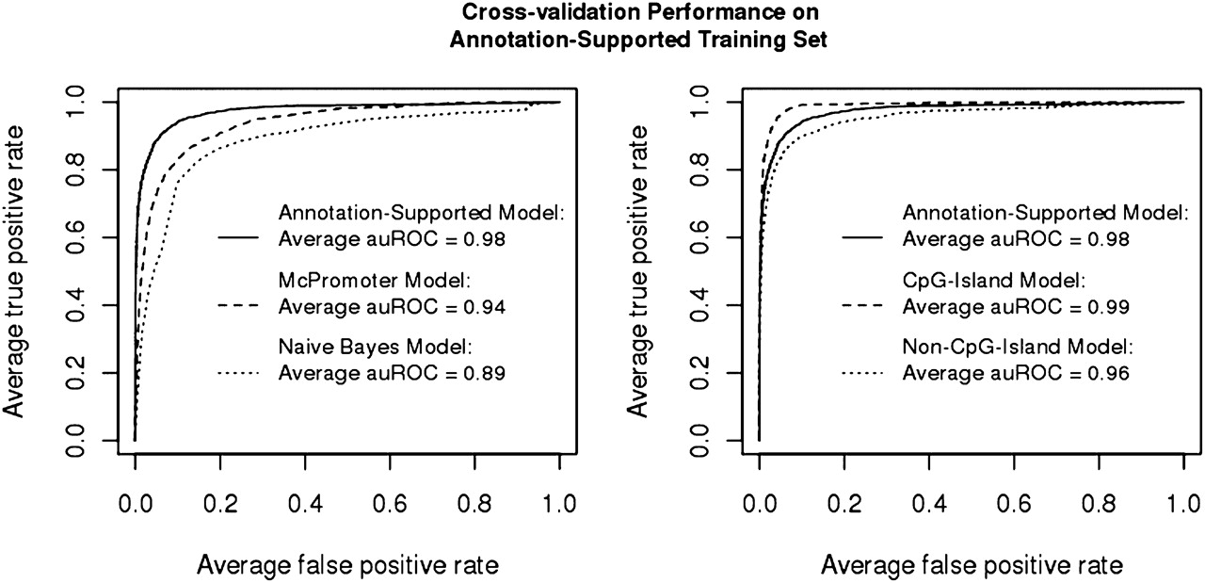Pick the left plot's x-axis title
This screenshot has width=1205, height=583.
(x=347, y=565)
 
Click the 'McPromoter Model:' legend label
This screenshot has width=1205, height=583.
(x=348, y=282)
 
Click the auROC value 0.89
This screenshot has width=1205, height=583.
(x=489, y=374)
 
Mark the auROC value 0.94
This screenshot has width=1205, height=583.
(x=489, y=307)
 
